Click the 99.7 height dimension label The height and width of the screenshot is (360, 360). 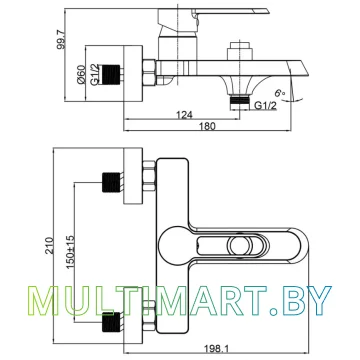coord(61,38)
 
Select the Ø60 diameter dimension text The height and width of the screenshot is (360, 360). coord(82,75)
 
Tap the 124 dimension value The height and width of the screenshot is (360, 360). coord(184,115)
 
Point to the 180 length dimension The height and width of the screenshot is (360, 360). coord(208,126)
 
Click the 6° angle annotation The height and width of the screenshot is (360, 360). coord(279,93)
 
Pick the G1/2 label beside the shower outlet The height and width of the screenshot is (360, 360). coord(266,105)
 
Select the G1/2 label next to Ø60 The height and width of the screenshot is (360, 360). coord(95,75)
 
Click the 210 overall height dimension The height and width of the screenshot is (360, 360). coord(49,246)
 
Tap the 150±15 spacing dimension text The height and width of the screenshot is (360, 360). coord(70,251)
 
